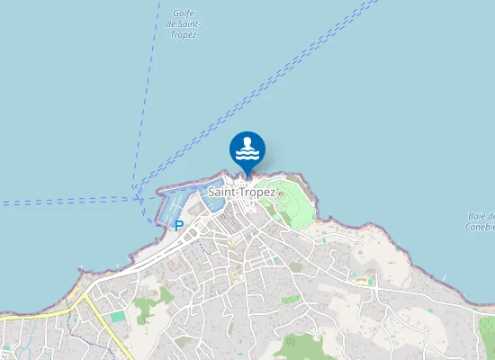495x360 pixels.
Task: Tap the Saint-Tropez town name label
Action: [x=242, y=192]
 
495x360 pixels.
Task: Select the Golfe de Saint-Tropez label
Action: [x=182, y=24]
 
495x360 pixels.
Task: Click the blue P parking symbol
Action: [x=179, y=226]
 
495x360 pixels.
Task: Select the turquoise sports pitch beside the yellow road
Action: [x=118, y=316]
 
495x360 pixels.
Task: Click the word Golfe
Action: [x=182, y=13]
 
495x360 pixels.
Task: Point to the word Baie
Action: [x=478, y=216]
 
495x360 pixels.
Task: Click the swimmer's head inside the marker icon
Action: [x=247, y=142]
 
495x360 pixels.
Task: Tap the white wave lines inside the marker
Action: [x=247, y=155]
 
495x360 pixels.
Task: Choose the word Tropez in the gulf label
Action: [x=182, y=35]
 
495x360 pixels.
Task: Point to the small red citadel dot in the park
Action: [x=280, y=193]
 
